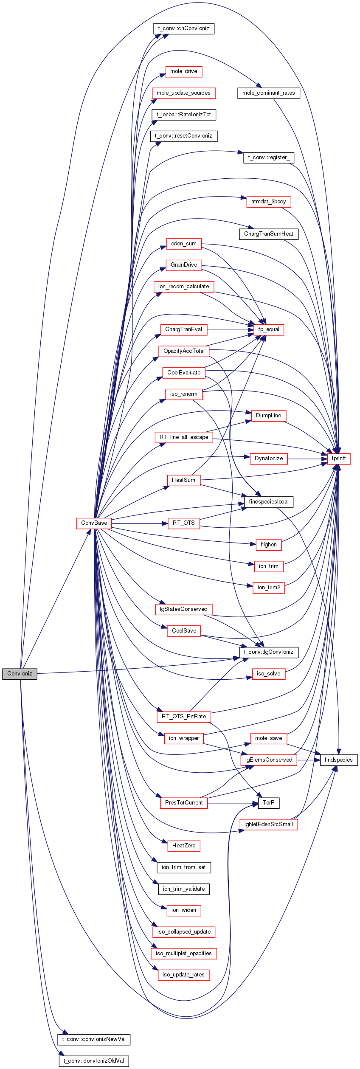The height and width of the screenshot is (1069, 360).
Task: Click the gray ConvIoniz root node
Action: point(20,674)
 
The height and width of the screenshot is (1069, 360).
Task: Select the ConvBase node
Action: point(94,523)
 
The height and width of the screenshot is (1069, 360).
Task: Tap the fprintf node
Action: point(339,459)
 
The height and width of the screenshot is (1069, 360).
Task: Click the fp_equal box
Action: point(269,329)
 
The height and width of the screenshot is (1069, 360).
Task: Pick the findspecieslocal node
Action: point(269,502)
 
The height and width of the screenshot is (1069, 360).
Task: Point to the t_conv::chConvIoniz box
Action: point(183,28)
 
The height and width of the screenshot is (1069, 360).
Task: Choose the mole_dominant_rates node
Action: point(269,93)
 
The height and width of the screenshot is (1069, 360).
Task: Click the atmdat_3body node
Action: point(269,202)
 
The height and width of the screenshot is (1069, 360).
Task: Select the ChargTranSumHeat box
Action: point(269,234)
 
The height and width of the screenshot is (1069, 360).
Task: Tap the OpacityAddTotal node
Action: point(184,351)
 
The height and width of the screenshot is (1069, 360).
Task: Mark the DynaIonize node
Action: point(269,459)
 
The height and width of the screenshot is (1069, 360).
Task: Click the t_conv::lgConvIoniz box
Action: point(269,652)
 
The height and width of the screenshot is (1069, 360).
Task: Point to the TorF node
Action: point(269,803)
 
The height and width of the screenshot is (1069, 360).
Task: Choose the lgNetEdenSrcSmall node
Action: point(269,824)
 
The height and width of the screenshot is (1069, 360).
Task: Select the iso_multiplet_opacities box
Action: point(184,954)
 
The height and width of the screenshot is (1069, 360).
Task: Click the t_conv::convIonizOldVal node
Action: point(94,1061)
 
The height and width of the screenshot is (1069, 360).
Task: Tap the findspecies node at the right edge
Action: point(339,760)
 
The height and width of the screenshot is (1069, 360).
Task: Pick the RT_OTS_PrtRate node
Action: point(184,717)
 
